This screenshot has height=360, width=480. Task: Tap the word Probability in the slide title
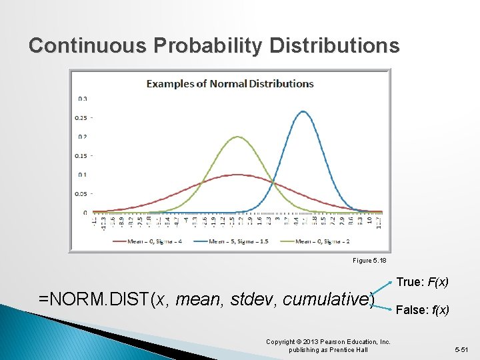click(x=209, y=45)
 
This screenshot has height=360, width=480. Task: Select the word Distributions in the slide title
click(x=335, y=45)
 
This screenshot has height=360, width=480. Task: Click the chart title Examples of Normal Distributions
click(x=230, y=84)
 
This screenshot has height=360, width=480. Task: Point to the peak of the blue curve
click(x=304, y=111)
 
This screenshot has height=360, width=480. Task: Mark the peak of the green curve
click(x=237, y=137)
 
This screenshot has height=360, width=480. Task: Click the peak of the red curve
click(x=237, y=175)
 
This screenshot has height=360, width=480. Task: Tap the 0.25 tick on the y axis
click(x=81, y=118)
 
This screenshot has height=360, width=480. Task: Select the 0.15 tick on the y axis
click(x=81, y=156)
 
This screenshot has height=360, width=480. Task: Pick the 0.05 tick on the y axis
click(x=81, y=194)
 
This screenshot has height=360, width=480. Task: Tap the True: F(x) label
click(x=422, y=283)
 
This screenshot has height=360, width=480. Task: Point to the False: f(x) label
click(x=422, y=310)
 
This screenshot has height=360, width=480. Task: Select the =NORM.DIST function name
click(x=95, y=299)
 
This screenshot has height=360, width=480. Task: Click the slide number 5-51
click(x=461, y=349)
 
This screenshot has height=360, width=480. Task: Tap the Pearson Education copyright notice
click(x=328, y=345)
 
